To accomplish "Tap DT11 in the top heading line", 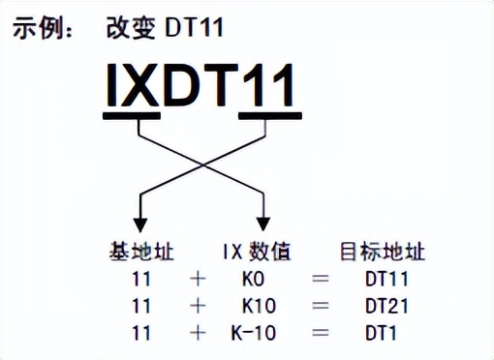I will pyautogui.click(x=195, y=28).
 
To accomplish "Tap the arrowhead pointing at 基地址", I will pyautogui.click(x=141, y=216).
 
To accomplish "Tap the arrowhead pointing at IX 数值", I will pyautogui.click(x=263, y=216).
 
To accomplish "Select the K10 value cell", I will pyautogui.click(x=257, y=307).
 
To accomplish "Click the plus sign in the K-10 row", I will pyautogui.click(x=200, y=334).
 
